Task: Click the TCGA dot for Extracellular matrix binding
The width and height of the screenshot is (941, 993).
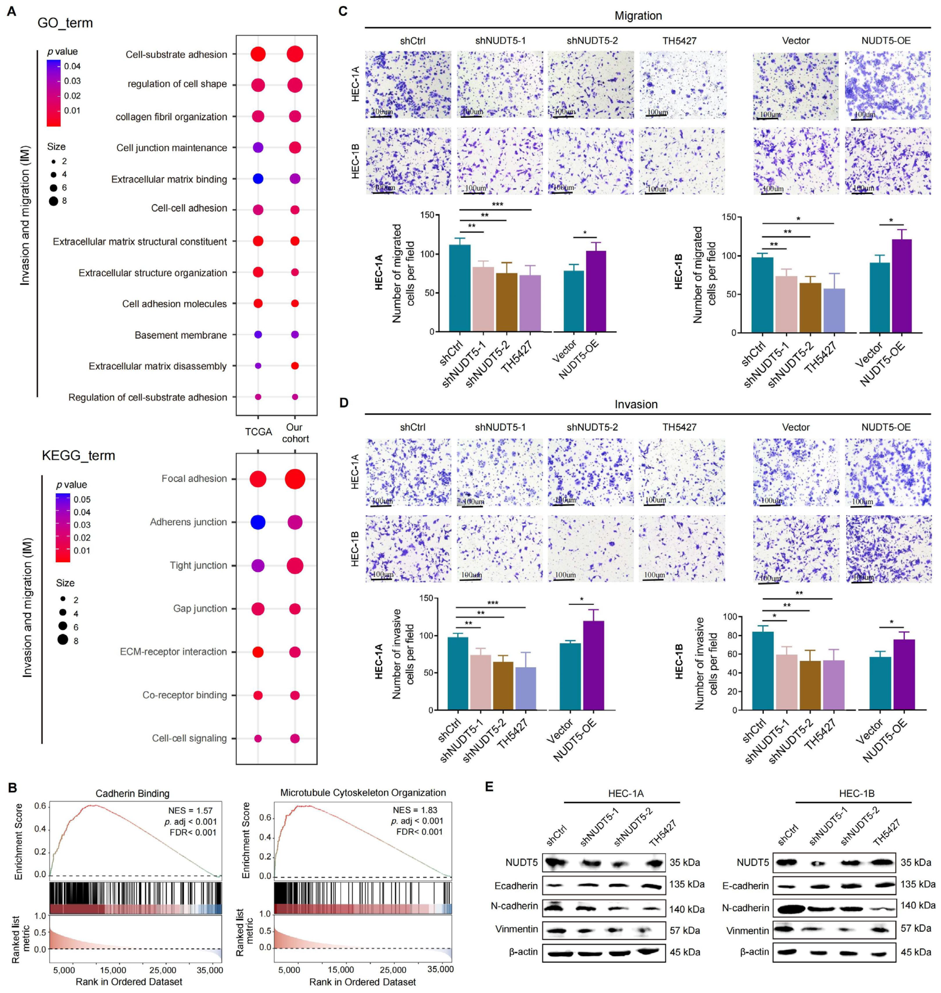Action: tap(258, 179)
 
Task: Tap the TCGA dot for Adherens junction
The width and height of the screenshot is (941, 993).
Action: tap(258, 522)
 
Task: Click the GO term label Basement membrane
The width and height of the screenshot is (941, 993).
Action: tap(180, 335)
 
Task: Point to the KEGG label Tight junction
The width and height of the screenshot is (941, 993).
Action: tap(198, 565)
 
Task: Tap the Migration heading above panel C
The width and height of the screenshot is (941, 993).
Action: tap(638, 15)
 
